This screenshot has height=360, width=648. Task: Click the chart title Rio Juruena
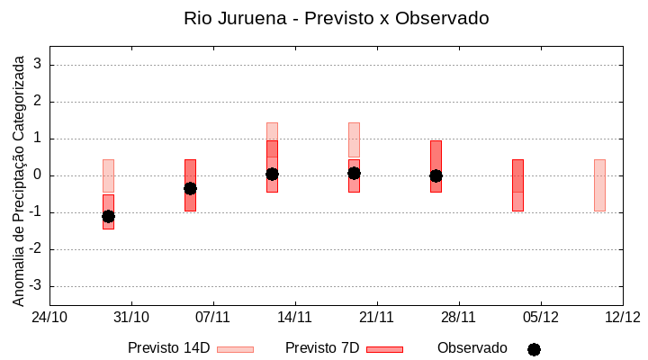click(x=336, y=18)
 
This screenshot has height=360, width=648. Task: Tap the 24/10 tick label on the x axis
click(x=49, y=317)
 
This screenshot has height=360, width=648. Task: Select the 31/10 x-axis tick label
click(x=131, y=317)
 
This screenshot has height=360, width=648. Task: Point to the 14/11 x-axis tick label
click(x=294, y=317)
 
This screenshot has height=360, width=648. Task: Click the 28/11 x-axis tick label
click(x=458, y=317)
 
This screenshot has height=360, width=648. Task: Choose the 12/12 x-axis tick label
click(x=622, y=317)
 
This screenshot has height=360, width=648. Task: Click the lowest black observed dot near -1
click(x=108, y=216)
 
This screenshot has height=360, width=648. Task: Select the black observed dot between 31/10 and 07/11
click(x=190, y=188)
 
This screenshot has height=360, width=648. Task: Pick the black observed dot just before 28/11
click(x=436, y=175)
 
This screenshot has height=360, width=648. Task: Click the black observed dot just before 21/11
click(x=354, y=173)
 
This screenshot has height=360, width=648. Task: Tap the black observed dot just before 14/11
click(x=272, y=174)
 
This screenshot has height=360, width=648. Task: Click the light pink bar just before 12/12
click(x=599, y=184)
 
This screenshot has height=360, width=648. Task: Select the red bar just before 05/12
click(x=517, y=184)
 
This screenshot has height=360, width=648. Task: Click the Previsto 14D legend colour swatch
click(x=235, y=348)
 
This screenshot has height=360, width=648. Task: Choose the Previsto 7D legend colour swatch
click(x=384, y=348)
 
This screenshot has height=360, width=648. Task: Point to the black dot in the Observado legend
click(x=534, y=349)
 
